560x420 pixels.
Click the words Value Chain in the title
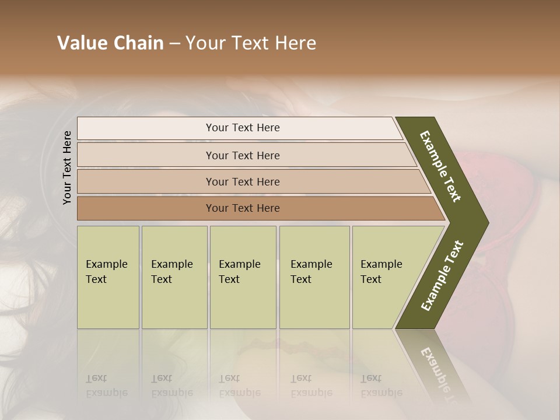click(x=110, y=43)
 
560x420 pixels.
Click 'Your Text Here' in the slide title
click(x=251, y=43)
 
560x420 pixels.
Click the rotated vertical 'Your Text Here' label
click(x=67, y=167)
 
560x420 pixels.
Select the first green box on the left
click(x=108, y=277)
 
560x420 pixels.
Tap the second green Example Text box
click(x=174, y=277)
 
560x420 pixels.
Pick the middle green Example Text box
click(x=243, y=277)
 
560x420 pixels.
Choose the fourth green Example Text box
click(x=314, y=277)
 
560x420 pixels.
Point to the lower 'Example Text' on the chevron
click(x=442, y=275)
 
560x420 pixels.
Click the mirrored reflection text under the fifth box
click(x=381, y=386)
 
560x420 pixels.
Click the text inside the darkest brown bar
click(x=243, y=208)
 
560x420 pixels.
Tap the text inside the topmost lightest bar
click(x=243, y=128)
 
